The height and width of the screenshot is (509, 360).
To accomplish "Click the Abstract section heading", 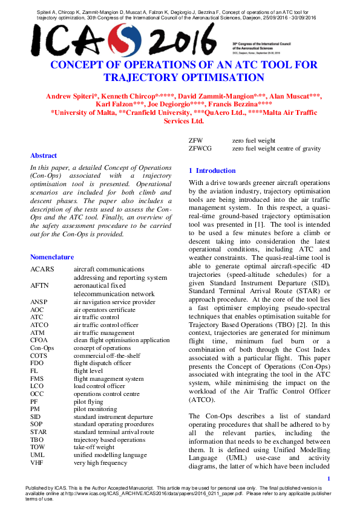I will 44,155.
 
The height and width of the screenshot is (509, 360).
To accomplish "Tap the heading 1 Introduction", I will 212,170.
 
